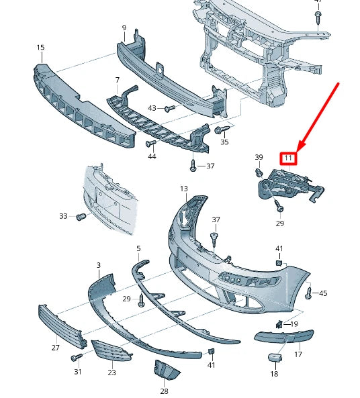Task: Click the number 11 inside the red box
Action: click(x=289, y=158)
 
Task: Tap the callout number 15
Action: click(x=41, y=48)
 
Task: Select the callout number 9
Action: click(x=124, y=28)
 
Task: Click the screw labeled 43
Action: click(x=170, y=108)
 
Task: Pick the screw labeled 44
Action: click(x=149, y=144)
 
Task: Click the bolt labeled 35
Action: click(x=220, y=130)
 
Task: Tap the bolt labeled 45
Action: click(x=308, y=293)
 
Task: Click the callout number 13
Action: click(x=184, y=189)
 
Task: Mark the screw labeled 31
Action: click(x=77, y=358)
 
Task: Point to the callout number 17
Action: click(x=298, y=354)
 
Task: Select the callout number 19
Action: click(x=294, y=324)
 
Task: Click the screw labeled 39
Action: click(x=258, y=172)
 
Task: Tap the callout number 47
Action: click(x=318, y=2)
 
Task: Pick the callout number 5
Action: click(x=138, y=249)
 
